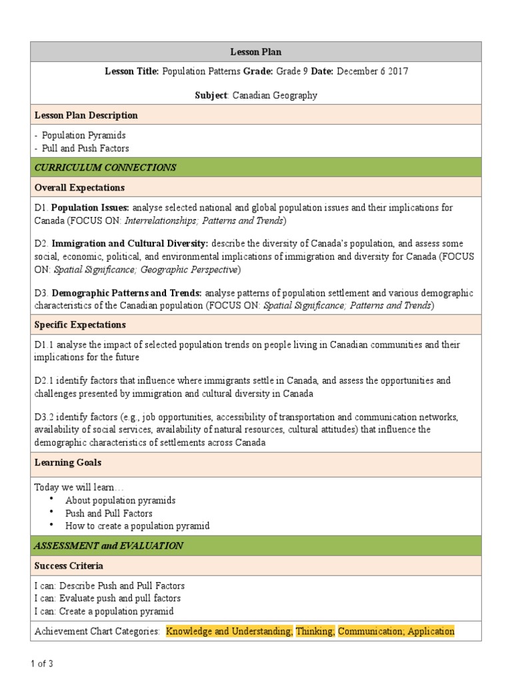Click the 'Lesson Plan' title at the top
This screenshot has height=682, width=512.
click(x=256, y=51)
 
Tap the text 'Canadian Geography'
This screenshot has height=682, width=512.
click(x=275, y=95)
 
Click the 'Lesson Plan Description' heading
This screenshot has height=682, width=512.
click(x=86, y=115)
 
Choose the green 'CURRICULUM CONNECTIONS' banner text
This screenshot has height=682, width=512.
click(x=105, y=167)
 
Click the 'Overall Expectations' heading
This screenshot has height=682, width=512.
click(x=79, y=188)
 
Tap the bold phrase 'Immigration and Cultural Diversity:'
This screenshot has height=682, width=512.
click(x=130, y=244)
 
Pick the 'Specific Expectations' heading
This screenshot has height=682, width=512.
click(x=79, y=325)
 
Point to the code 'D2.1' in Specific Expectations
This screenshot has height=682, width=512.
click(x=43, y=381)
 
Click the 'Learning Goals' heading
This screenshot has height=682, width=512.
click(x=67, y=462)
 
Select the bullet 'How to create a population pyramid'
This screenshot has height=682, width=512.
click(x=137, y=525)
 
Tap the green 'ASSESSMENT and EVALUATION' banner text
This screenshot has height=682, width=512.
click(x=109, y=545)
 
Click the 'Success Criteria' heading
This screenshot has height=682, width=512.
click(x=69, y=566)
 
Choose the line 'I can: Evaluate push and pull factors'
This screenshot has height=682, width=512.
click(x=107, y=598)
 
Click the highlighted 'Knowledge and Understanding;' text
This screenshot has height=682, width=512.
click(x=229, y=631)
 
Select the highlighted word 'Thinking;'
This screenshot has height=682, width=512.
click(x=315, y=631)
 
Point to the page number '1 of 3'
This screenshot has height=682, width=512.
click(x=42, y=664)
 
